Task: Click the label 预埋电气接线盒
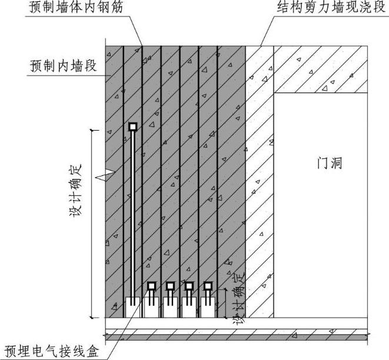coord(53,348)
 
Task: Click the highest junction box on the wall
coord(133,126)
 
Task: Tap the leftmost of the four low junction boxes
coord(151,286)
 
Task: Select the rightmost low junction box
coord(208,286)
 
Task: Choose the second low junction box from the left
coord(170,286)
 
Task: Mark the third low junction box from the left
coord(189,286)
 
